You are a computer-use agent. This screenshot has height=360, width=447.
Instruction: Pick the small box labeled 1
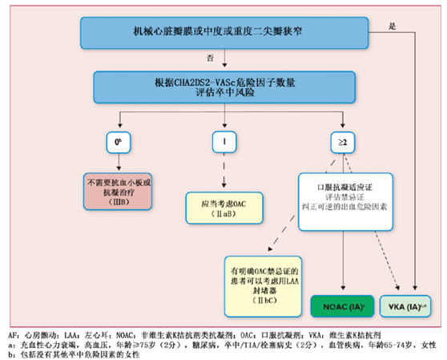tap(225, 143)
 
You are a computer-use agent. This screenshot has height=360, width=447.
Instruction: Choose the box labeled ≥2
tap(343, 143)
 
